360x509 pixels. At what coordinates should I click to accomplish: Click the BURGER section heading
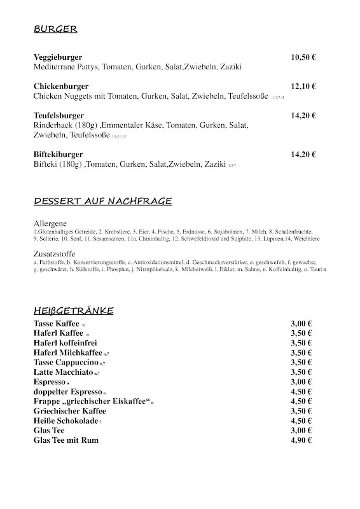[x=55, y=29]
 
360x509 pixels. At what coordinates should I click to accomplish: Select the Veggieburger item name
[x=58, y=57]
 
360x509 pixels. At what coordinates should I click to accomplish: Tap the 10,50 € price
[x=303, y=57]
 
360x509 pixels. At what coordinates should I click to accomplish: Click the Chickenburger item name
[x=61, y=87]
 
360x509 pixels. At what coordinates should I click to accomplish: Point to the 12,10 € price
[x=303, y=87]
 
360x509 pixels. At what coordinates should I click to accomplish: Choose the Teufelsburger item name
[x=59, y=116]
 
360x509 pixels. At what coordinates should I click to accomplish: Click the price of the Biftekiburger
[x=303, y=155]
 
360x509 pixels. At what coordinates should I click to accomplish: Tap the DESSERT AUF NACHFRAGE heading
[x=102, y=202]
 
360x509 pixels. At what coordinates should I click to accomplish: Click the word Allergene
[x=50, y=225]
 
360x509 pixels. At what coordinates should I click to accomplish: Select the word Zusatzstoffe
[x=55, y=253]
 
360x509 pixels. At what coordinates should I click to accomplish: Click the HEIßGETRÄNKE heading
[x=74, y=310]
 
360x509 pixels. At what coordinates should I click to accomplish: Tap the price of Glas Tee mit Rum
[x=301, y=440]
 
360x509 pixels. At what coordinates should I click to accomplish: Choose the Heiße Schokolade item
[x=66, y=421]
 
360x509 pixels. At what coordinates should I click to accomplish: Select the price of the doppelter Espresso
[x=301, y=392]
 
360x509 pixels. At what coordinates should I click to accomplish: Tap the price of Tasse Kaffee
[x=301, y=323]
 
